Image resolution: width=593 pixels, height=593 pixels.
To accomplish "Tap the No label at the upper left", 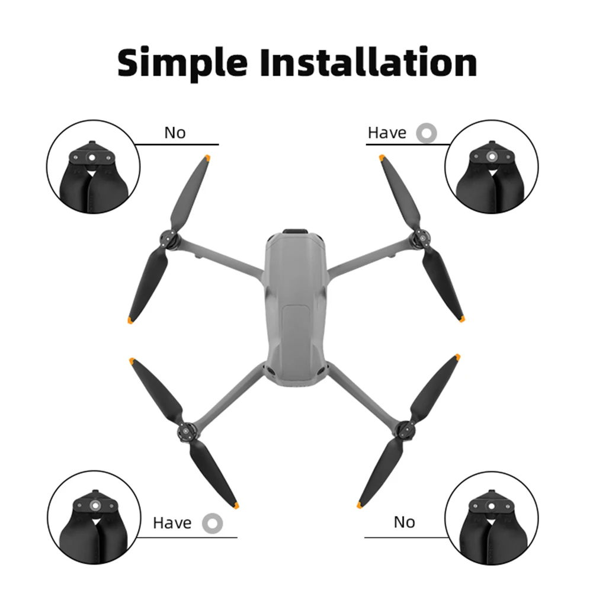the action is (x=175, y=133).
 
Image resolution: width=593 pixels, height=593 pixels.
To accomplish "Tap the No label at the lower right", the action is (x=404, y=522).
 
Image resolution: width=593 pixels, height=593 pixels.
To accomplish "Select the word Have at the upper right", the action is (x=387, y=133).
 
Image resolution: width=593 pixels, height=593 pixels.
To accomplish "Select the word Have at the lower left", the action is (x=172, y=523).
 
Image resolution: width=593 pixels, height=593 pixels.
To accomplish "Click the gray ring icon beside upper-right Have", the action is (x=427, y=133).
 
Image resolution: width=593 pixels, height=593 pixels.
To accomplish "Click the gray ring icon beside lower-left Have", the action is (x=213, y=524).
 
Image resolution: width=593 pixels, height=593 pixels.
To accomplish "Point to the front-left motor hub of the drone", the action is (x=168, y=239).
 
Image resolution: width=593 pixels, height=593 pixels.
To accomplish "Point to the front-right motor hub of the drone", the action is (x=421, y=239).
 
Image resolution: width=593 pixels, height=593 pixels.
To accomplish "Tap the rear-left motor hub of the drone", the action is (x=185, y=431).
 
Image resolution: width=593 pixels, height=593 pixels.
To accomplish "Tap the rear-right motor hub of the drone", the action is (x=405, y=429).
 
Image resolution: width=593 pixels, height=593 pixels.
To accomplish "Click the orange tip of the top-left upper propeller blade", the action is (x=207, y=158).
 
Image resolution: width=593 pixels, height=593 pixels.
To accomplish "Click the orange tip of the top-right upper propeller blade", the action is (x=382, y=158).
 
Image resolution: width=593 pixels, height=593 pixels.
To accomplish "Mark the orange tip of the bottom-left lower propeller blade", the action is (x=236, y=506).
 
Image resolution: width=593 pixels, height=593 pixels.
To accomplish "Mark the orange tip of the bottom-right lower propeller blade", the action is (x=359, y=505).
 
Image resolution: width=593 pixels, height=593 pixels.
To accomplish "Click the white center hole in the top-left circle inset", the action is (x=91, y=158).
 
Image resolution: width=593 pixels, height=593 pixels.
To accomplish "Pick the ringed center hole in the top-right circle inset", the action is (x=491, y=156).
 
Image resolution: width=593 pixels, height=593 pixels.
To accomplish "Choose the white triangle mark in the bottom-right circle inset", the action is (x=491, y=523).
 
